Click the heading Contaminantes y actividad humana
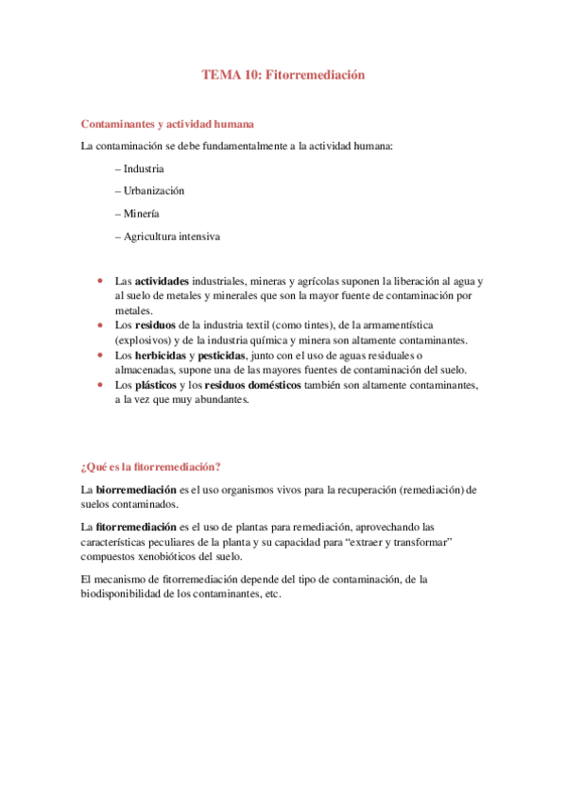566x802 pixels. click(167, 124)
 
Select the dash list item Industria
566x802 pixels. click(144, 168)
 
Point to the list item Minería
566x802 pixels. click(141, 213)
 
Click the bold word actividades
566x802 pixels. click(161, 282)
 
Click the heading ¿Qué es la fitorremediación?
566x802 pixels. click(151, 465)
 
